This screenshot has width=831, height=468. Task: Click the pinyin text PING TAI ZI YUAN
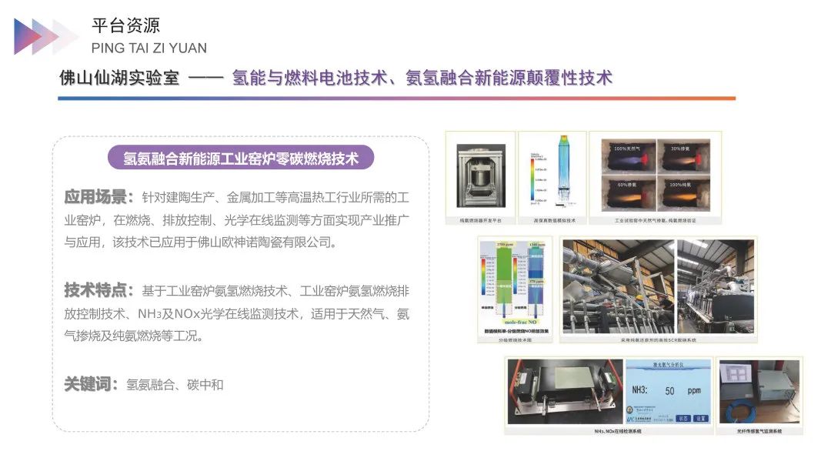[x=149, y=48]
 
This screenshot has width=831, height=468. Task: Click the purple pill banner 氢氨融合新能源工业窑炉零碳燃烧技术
[x=242, y=159]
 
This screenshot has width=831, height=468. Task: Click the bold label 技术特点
[x=99, y=290]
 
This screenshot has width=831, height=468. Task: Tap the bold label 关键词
[x=92, y=383]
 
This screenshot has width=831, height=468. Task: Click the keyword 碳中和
[x=205, y=384]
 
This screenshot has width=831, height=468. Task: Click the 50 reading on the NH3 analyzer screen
[x=669, y=391]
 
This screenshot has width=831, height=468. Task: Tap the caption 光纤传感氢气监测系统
[x=759, y=431]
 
